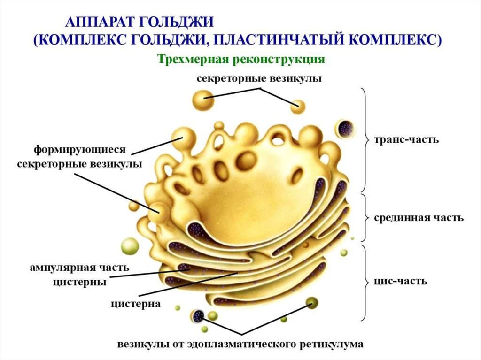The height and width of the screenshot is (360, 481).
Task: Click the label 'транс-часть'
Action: [x=406, y=139]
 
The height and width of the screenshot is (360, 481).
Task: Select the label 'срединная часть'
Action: [x=419, y=218]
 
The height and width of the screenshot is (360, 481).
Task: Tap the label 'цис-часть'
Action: [x=401, y=282]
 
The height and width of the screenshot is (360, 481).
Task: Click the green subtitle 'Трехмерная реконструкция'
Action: [x=241, y=60]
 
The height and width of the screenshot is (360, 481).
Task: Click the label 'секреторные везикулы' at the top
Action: [x=259, y=78]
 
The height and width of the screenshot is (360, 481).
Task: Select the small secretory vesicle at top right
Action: [x=296, y=107]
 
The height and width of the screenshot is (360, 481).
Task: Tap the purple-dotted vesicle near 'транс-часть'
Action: [x=345, y=128]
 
